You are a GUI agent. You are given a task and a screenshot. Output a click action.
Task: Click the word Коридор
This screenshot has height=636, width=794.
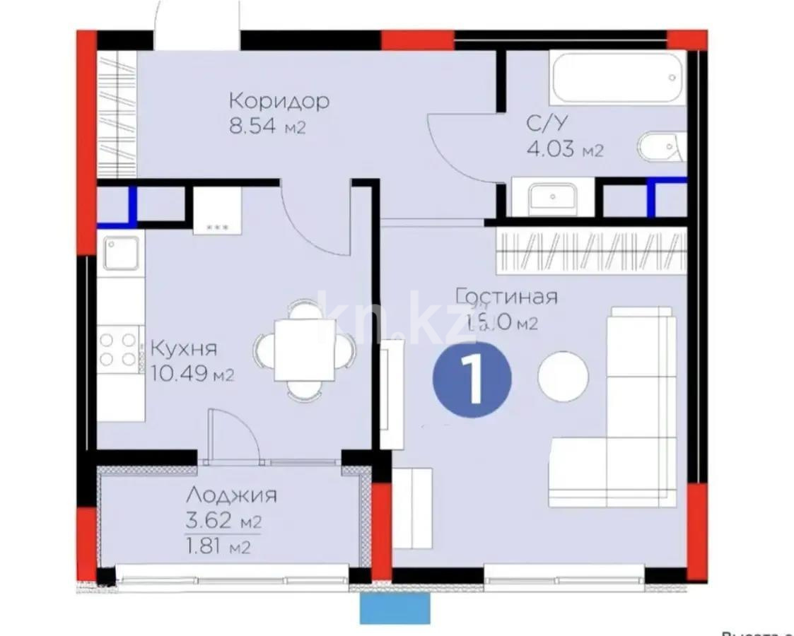279,101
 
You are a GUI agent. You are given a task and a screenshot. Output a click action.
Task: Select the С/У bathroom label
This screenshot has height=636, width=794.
545,124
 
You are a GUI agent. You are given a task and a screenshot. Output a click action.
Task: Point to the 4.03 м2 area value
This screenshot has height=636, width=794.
564,150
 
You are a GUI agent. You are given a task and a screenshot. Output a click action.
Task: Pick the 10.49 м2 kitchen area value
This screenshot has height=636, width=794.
192,374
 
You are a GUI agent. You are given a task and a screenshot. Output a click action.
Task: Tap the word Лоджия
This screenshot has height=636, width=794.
231,495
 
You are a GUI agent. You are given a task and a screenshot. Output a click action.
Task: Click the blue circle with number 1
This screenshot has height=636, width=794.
472,379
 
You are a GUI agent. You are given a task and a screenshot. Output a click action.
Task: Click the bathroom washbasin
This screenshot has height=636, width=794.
554,196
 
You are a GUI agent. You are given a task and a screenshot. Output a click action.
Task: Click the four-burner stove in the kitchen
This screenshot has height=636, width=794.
118,349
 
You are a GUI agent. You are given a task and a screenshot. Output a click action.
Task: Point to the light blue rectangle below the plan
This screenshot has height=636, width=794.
395,608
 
